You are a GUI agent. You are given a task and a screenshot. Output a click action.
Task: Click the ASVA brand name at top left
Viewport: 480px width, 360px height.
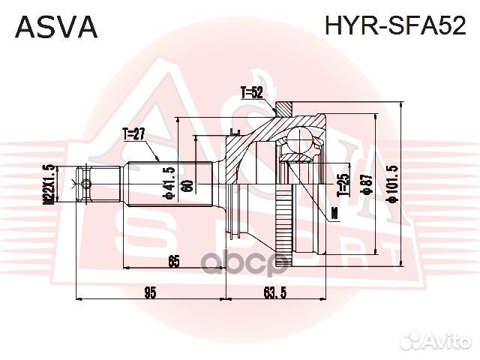57,27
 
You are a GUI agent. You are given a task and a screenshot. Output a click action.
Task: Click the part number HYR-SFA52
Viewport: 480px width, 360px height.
394,27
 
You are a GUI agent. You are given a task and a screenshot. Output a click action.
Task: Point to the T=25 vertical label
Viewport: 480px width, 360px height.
343,184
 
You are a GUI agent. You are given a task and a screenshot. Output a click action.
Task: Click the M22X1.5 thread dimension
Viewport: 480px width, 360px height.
49,184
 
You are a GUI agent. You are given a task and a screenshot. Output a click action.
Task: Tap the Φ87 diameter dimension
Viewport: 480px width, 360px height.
367,184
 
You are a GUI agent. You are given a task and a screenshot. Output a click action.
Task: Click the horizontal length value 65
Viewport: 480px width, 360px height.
173,263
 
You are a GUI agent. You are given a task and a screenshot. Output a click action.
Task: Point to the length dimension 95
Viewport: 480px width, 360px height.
149,293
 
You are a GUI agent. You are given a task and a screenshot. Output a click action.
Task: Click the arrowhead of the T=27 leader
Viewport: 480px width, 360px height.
158,160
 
